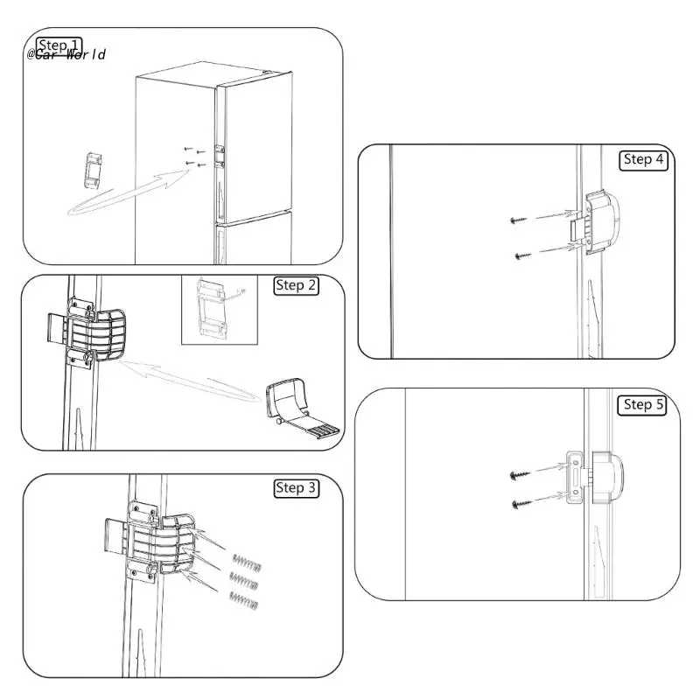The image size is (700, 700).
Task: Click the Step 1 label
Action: pos(59,45)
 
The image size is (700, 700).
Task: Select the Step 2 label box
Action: pos(295,286)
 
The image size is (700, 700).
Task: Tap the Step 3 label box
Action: pos(295,487)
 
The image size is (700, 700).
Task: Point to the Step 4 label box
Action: pos(644,159)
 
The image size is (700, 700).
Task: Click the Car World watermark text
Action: pos(66,55)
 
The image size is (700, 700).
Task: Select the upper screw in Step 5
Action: pos(517,473)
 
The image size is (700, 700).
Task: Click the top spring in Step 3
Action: pos(244,560)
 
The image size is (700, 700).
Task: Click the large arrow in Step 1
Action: pos(131,194)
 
